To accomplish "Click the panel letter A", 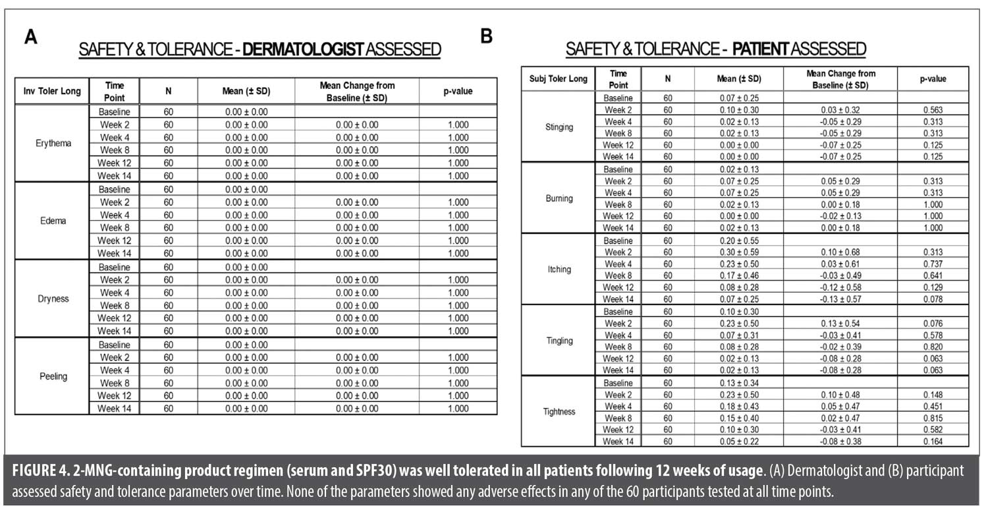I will coord(30,37).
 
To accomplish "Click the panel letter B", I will coord(487,36).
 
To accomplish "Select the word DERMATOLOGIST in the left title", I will coord(304,50).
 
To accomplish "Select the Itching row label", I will coord(559,270).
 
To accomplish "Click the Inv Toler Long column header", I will coord(51,91).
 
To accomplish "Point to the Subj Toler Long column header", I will coord(559,79).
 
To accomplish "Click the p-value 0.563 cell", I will coord(933,110).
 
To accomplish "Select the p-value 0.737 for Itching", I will coord(933,264).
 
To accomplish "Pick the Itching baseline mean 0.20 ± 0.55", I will coord(738,241).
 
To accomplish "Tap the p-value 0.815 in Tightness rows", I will coord(933,418).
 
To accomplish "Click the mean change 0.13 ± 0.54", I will coord(840,324).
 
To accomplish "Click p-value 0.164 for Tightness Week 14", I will coord(933,441).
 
